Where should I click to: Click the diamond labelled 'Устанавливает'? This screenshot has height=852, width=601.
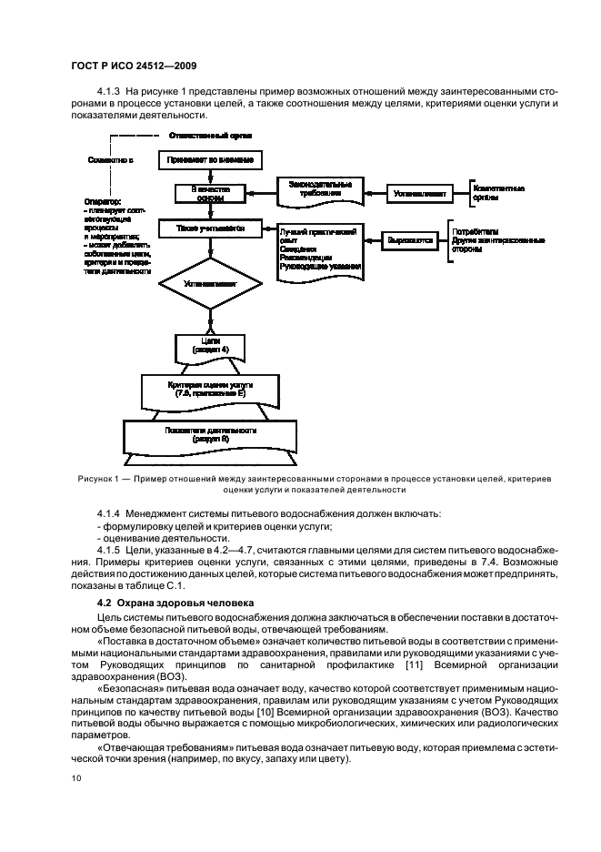(x=210, y=284)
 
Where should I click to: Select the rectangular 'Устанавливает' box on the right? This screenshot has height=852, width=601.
(x=420, y=193)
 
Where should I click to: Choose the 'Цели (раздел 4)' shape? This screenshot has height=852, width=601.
(x=210, y=345)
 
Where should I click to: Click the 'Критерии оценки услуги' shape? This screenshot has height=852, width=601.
(x=210, y=389)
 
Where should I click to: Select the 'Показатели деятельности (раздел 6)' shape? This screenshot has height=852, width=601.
(x=210, y=432)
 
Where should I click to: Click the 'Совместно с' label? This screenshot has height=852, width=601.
(x=109, y=160)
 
